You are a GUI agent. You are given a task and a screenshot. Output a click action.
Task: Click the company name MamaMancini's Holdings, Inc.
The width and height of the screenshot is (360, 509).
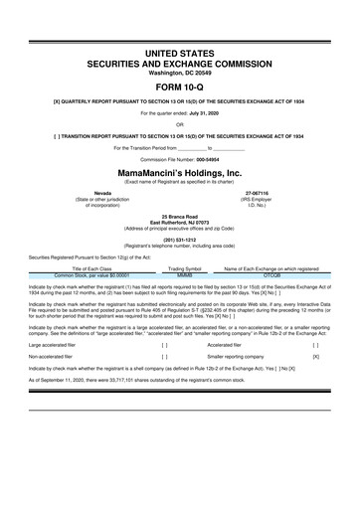(180, 171)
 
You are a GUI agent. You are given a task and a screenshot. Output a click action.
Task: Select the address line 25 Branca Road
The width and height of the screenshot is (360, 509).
(180, 215)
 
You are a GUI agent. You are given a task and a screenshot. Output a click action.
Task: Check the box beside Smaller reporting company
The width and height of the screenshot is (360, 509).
(316, 354)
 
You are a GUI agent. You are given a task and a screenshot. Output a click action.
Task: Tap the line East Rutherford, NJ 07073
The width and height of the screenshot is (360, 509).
(180, 221)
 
